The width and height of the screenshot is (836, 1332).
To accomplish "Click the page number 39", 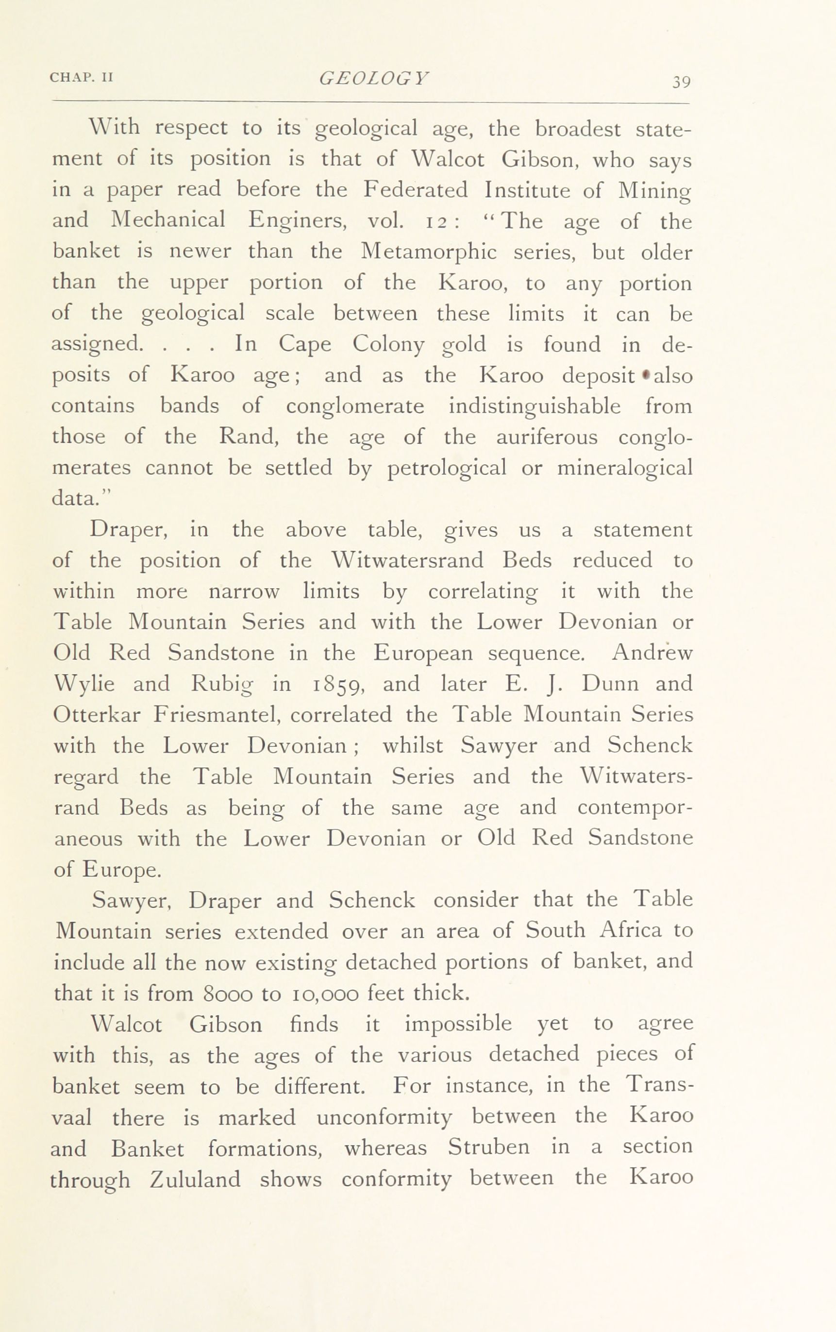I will point(681,82).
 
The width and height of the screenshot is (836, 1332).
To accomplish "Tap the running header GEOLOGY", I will point(374,78).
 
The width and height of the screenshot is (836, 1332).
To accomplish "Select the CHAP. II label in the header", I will point(81,77).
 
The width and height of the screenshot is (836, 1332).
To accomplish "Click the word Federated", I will point(415,190).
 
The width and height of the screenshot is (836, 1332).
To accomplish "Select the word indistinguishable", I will point(534,406).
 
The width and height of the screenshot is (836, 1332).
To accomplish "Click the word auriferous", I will point(546,437).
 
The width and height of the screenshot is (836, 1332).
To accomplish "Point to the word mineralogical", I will point(624,468).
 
